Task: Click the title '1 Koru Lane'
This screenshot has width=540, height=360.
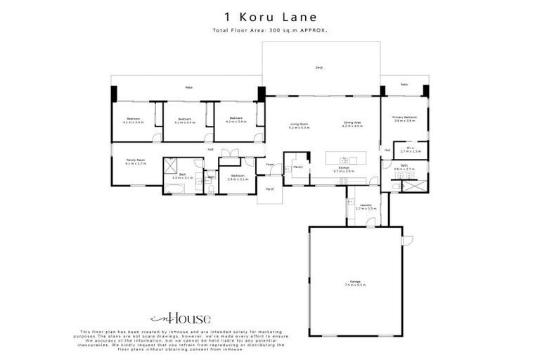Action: (x=270, y=16)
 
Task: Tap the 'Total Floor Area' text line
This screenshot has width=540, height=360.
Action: (x=270, y=31)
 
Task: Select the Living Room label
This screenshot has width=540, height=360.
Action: (x=300, y=124)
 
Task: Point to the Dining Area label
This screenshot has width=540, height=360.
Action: (x=353, y=124)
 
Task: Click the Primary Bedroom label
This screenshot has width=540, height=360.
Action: (x=405, y=119)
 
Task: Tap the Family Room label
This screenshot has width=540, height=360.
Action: (x=135, y=162)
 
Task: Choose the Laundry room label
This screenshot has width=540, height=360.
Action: (x=366, y=207)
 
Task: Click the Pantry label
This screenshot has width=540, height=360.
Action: (x=298, y=167)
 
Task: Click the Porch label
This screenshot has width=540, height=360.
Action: (x=269, y=189)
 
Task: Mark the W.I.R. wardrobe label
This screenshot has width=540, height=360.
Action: (x=411, y=149)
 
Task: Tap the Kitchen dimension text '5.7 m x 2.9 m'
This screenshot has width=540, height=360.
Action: (x=344, y=171)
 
